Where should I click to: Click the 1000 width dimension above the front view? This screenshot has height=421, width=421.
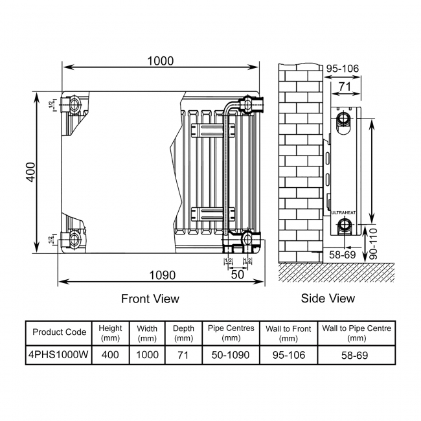(160, 61)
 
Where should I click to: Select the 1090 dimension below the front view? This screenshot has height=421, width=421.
(161, 275)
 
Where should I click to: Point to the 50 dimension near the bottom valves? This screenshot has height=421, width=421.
(237, 275)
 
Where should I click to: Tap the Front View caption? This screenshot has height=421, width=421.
(150, 299)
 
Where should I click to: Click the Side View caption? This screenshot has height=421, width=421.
(328, 299)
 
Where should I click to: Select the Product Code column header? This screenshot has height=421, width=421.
(59, 332)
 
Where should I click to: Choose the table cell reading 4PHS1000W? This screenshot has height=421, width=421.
(59, 355)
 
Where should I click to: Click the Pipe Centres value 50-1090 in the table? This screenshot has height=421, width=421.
(231, 355)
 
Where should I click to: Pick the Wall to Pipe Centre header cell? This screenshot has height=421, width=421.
(356, 332)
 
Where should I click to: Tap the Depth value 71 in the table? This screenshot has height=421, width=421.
(183, 355)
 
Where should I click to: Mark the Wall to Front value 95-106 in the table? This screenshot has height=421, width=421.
(288, 355)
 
